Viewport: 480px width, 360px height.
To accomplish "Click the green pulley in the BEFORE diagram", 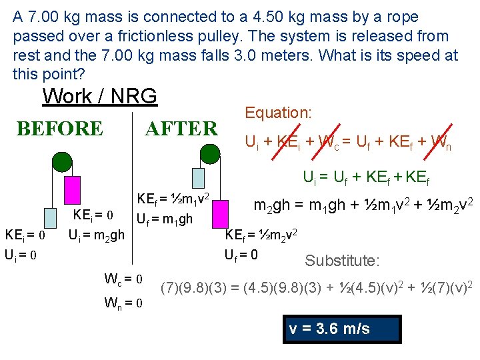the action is click(x=62, y=162).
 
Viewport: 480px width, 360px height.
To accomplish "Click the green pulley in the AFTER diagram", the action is click(x=209, y=154).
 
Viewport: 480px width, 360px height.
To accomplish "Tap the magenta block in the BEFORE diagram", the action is click(x=73, y=190).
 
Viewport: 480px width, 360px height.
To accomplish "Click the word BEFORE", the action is click(x=60, y=128).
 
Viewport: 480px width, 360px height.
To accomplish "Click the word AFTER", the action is click(x=181, y=128).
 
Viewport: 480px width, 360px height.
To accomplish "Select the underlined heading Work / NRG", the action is click(x=99, y=96).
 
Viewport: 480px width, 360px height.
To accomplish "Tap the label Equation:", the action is click(x=278, y=113).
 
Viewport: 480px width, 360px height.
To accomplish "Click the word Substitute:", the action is click(x=342, y=260).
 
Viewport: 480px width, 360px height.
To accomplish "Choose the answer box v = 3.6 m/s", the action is click(x=341, y=329).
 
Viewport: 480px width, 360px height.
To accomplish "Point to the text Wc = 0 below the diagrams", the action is click(x=125, y=278).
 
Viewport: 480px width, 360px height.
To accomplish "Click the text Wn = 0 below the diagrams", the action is click(x=125, y=303).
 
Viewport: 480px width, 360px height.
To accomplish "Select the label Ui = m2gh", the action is click(x=97, y=235).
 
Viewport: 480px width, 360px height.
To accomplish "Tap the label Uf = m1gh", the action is click(x=165, y=219).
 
